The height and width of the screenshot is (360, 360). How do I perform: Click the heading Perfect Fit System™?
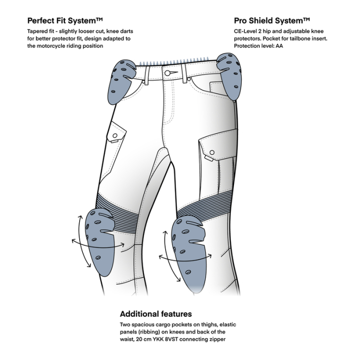[65, 21]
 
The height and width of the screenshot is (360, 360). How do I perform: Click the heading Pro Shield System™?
[272, 21]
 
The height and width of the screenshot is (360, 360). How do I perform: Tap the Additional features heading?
[156, 314]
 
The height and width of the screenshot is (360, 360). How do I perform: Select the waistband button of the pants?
[168, 73]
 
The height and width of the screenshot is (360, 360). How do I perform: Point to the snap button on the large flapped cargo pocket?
[211, 152]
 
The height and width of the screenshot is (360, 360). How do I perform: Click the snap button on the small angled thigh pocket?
[116, 136]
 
